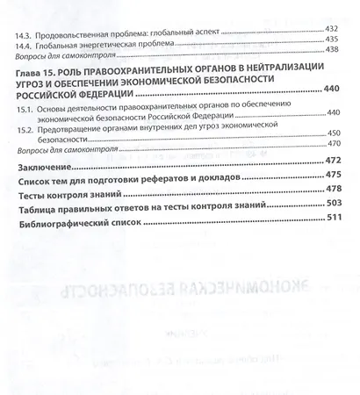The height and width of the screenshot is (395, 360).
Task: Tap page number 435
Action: point(331,41)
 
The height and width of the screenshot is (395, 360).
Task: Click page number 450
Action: point(332,133)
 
